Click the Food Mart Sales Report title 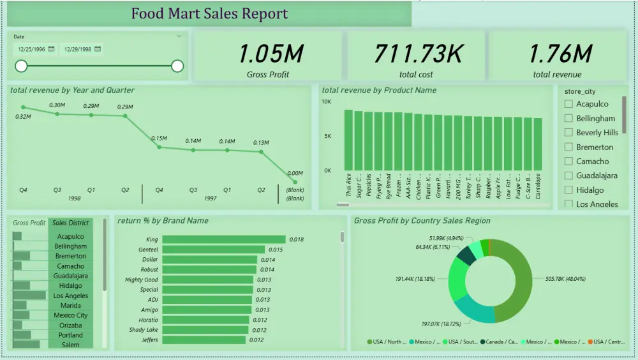pos(209,13)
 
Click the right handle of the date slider pos(177,66)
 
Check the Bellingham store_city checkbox pos(568,118)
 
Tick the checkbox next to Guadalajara pos(568,176)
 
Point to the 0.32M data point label pos(23,117)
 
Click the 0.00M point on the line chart pos(295,182)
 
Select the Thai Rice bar pos(348,140)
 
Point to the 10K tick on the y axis pos(326,101)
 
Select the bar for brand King pos(224,239)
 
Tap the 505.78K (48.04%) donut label pos(566,279)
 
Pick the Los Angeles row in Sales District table pos(71,296)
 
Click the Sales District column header pos(71,223)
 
